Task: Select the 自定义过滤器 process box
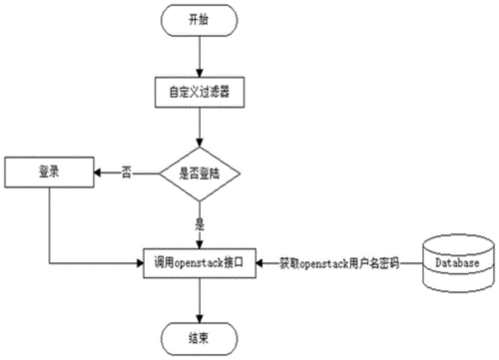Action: [201, 92]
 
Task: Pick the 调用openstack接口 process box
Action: [201, 263]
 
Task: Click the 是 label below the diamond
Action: [201, 222]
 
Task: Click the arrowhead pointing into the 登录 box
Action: [98, 173]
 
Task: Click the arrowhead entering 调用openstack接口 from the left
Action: [143, 263]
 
